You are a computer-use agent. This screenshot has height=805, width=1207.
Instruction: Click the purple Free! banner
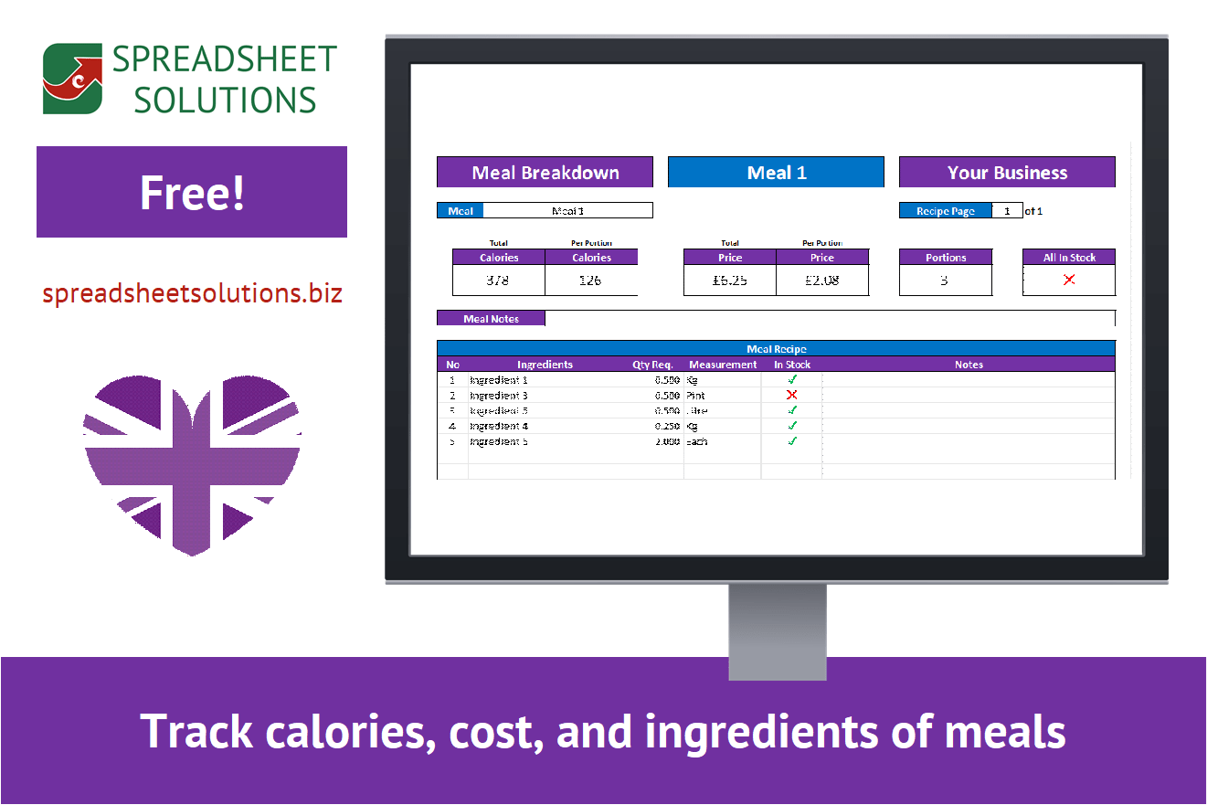pyautogui.click(x=192, y=192)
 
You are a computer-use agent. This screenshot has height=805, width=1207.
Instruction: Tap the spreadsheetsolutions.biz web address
pyautogui.click(x=192, y=293)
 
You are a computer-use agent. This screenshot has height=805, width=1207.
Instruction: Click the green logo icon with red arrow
pyautogui.click(x=72, y=79)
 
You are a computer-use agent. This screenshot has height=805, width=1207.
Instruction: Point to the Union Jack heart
pyautogui.click(x=192, y=462)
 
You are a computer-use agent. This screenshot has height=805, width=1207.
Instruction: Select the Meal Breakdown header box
pyautogui.click(x=545, y=173)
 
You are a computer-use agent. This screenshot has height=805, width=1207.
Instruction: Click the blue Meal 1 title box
pyautogui.click(x=776, y=173)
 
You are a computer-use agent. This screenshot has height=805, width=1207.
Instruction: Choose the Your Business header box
pyautogui.click(x=1007, y=173)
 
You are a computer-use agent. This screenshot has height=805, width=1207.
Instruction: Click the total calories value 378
pyautogui.click(x=498, y=281)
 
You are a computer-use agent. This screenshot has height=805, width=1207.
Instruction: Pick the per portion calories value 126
pyautogui.click(x=590, y=281)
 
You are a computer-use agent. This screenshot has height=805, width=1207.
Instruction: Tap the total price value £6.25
pyautogui.click(x=729, y=281)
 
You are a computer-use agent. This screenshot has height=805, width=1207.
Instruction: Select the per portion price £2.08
pyautogui.click(x=821, y=281)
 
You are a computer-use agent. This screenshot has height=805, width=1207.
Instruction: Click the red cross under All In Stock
pyautogui.click(x=1069, y=281)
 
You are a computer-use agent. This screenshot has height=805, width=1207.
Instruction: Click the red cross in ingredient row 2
pyautogui.click(x=792, y=396)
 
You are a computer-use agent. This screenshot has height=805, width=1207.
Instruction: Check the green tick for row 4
pyautogui.click(x=792, y=426)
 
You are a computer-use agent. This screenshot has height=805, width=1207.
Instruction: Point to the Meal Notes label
pyautogui.click(x=491, y=319)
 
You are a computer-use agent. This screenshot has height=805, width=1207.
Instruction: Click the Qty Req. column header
pyautogui.click(x=652, y=365)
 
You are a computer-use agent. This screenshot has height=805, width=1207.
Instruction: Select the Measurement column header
pyautogui.click(x=723, y=365)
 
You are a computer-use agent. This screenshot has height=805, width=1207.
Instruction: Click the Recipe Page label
pyautogui.click(x=945, y=211)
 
